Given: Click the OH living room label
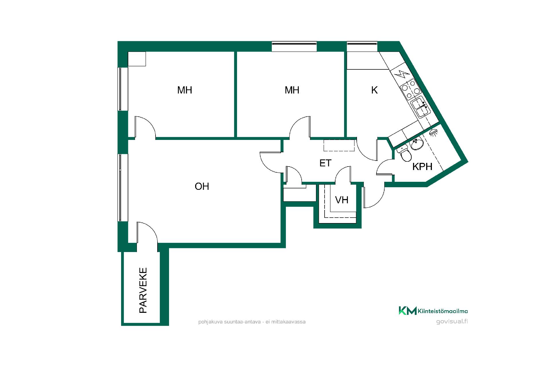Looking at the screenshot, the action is pyautogui.click(x=202, y=186).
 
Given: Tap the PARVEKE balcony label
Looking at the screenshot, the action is pyautogui.click(x=143, y=290).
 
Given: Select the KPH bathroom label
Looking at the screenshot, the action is pyautogui.click(x=422, y=167).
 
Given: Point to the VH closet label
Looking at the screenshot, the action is pyautogui.click(x=342, y=200).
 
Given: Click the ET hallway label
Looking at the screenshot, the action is pyautogui.click(x=325, y=163).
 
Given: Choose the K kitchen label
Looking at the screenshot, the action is pyautogui.click(x=374, y=90).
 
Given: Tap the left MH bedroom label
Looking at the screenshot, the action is pyautogui.click(x=185, y=90).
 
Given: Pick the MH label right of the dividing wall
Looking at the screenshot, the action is pyautogui.click(x=292, y=90).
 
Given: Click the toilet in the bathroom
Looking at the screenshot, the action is pyautogui.click(x=404, y=154).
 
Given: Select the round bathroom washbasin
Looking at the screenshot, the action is pyautogui.click(x=417, y=144).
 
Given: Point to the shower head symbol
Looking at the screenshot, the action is pyautogui.click(x=434, y=132).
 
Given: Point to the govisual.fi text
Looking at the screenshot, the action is pyautogui.click(x=452, y=321).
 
